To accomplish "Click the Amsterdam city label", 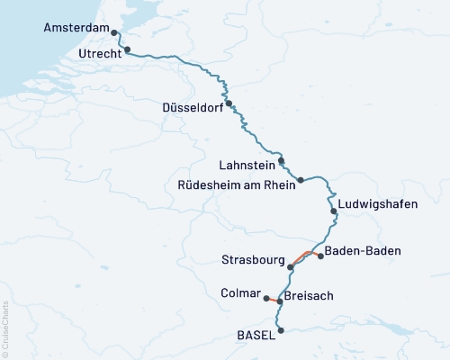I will [75, 29].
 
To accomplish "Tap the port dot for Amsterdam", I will [115, 32].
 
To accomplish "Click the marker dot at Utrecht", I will [127, 49].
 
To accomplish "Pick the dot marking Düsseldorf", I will [229, 103].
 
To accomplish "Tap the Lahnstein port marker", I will [282, 161].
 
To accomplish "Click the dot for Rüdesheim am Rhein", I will [301, 180].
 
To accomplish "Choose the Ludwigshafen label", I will [379, 204].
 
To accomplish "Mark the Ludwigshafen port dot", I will [334, 211].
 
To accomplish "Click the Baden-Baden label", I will [362, 250].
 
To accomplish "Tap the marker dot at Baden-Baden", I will [320, 256].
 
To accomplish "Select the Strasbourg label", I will [252, 260].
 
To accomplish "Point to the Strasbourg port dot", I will [290, 266].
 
